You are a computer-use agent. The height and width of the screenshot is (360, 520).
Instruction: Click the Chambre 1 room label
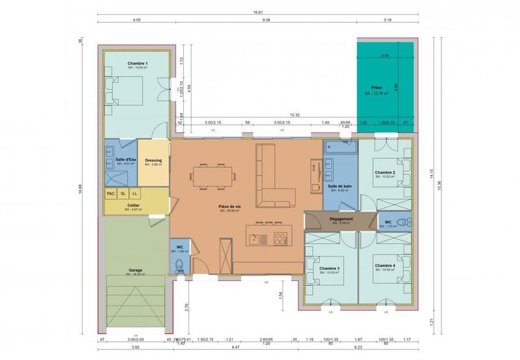click(x=137, y=63)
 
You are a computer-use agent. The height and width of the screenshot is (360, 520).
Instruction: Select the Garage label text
click(x=136, y=270)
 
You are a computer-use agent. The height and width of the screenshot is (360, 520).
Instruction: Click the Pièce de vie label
click(x=229, y=206)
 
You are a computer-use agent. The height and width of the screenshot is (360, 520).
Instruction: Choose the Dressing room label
click(x=153, y=161)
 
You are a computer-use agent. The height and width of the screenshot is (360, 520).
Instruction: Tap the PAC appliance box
click(x=110, y=193)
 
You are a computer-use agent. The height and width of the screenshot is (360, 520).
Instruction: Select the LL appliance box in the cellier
click(x=135, y=193)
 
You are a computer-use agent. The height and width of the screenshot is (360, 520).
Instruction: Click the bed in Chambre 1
click(x=127, y=90)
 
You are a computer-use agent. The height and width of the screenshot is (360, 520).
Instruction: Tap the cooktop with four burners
click(x=281, y=237)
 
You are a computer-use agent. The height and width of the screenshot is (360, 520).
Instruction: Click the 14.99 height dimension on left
click(x=81, y=188)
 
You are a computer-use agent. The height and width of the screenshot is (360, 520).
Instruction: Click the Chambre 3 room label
click(x=330, y=268)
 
